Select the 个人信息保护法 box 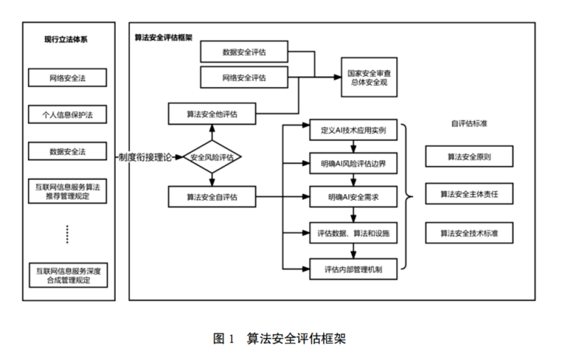point(67,113)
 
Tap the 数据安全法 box point(67,151)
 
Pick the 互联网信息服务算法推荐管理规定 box point(67,191)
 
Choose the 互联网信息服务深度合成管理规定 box point(67,275)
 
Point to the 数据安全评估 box point(244,51)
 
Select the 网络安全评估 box point(244,76)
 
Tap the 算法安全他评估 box point(211,112)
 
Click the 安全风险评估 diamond point(212,157)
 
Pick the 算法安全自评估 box point(211,197)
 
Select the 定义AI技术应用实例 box point(353,130)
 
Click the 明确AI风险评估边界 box point(353,164)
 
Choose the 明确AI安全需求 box point(353,197)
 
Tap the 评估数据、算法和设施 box point(353,232)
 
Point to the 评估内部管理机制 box point(353,267)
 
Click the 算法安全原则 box point(469,156)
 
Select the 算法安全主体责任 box point(469,193)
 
